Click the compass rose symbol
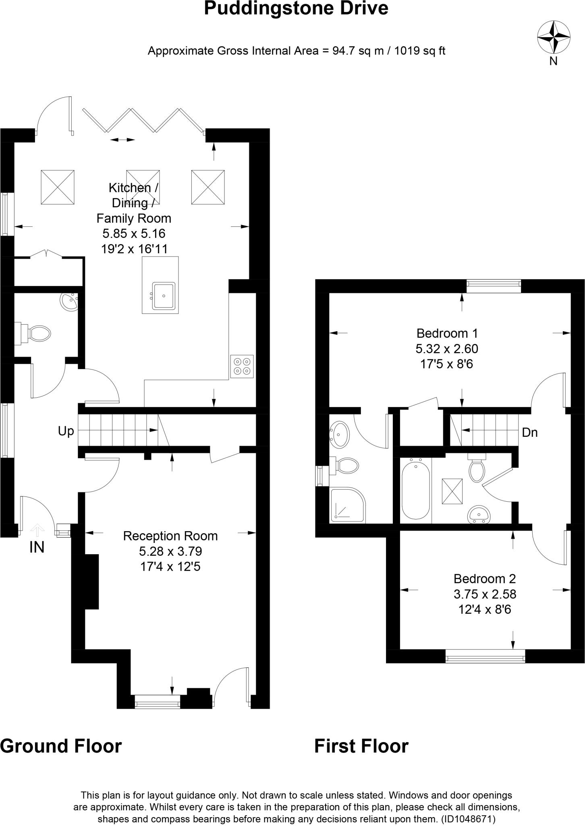point(554,38)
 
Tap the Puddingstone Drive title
point(296,8)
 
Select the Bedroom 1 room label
point(447,333)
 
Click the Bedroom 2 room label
point(485,578)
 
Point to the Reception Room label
point(170,536)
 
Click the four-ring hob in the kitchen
point(242,366)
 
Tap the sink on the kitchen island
point(164,296)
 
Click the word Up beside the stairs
point(66,431)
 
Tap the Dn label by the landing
point(529,432)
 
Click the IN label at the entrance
point(37,547)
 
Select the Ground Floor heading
point(61,746)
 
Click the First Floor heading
point(361,746)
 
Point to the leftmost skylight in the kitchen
point(58,187)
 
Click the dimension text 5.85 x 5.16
point(134,233)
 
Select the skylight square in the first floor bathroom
point(452,491)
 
